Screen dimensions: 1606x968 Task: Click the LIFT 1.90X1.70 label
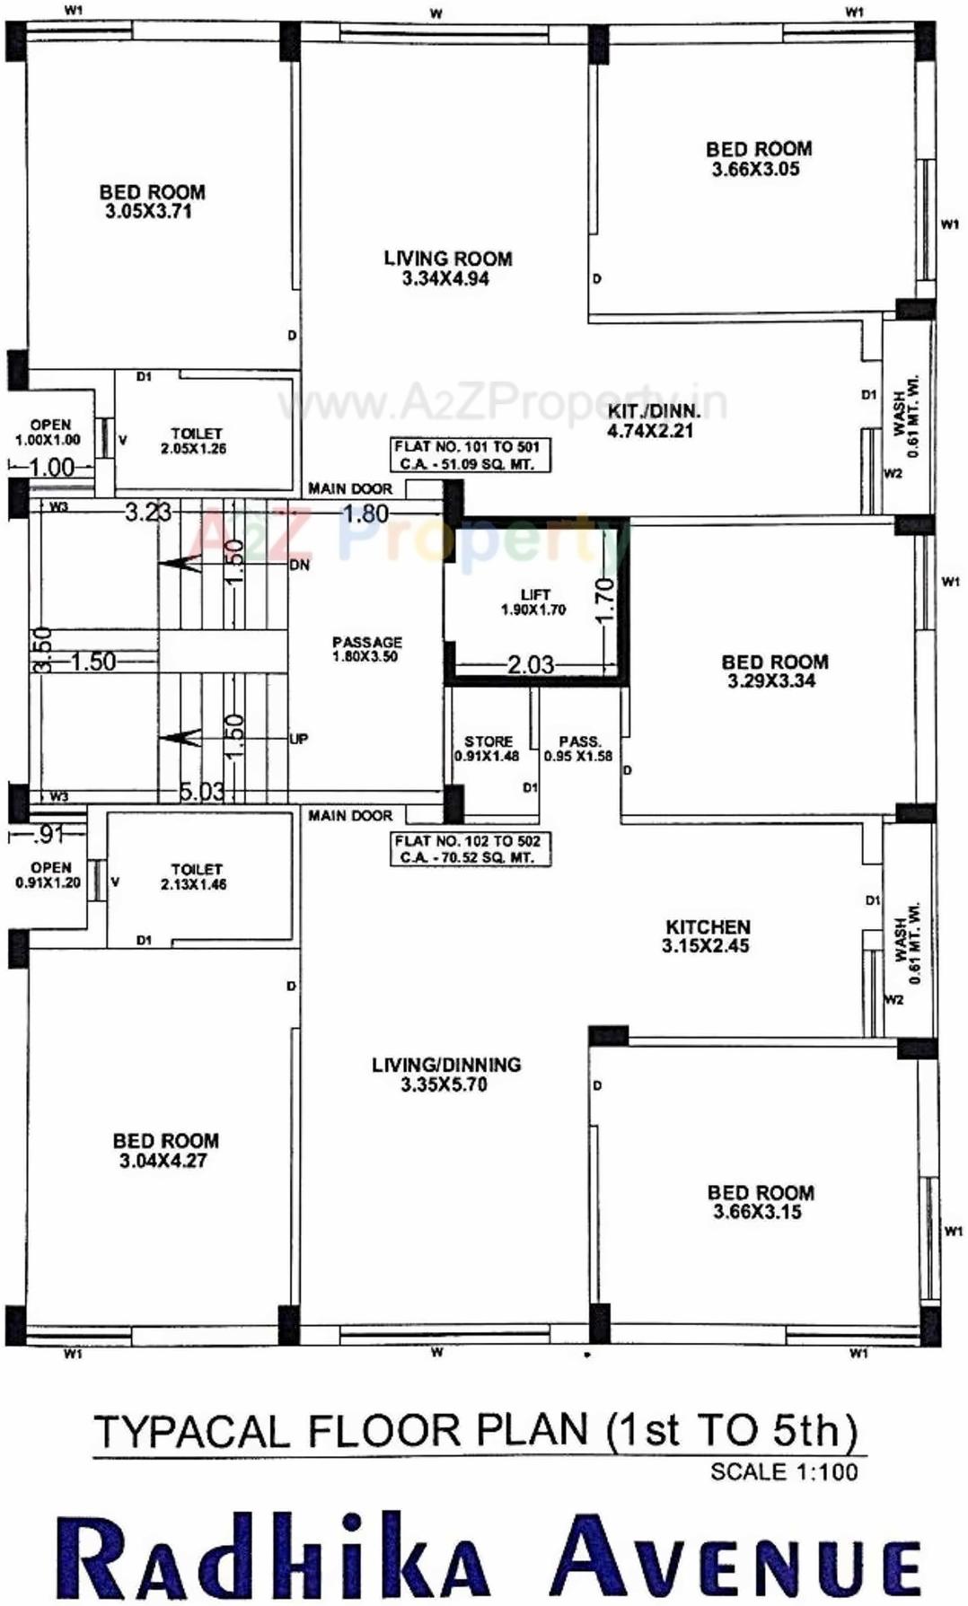[x=534, y=601]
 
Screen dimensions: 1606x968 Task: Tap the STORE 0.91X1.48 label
[x=488, y=749]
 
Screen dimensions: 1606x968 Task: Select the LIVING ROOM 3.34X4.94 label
[x=447, y=268]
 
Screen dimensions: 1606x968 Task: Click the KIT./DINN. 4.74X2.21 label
[x=653, y=421]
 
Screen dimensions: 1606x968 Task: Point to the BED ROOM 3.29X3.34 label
[x=774, y=671]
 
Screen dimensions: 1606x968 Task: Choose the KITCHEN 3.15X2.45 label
[x=707, y=935]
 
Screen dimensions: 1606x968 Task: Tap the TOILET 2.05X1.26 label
[x=195, y=441]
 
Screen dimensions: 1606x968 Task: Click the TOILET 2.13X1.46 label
[x=195, y=876]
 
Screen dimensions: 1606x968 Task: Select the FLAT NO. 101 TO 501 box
[x=470, y=455]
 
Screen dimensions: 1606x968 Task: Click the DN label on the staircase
[x=299, y=565]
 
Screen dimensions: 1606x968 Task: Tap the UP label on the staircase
[x=299, y=739]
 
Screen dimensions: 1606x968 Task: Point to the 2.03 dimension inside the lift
[x=531, y=664]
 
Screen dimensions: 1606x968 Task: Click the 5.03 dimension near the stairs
[x=201, y=791]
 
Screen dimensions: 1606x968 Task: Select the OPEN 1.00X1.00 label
[x=48, y=432]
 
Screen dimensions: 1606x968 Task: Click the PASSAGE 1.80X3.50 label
[x=366, y=649]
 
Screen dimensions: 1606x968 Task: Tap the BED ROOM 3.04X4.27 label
[x=165, y=1150]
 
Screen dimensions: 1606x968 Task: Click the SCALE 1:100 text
[x=783, y=1472]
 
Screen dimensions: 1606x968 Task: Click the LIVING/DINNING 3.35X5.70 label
[x=445, y=1075]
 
